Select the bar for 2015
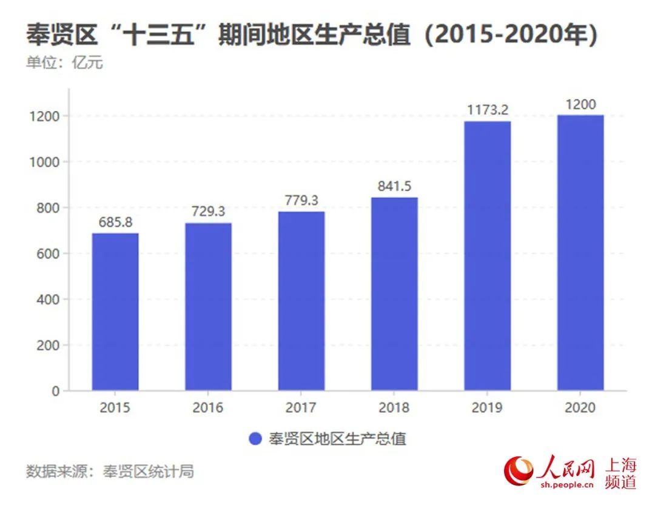click(115, 312)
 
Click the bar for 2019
click(488, 255)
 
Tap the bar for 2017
click(301, 301)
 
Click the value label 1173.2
click(488, 110)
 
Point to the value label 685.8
click(115, 222)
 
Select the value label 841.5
click(394, 187)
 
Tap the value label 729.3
click(208, 212)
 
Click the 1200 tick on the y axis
click(44, 116)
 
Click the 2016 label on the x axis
click(208, 407)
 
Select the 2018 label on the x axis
click(394, 407)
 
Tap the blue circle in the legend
click(255, 439)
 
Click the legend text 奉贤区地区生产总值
click(337, 439)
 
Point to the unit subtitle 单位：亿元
click(64, 63)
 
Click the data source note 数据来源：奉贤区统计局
click(110, 472)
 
